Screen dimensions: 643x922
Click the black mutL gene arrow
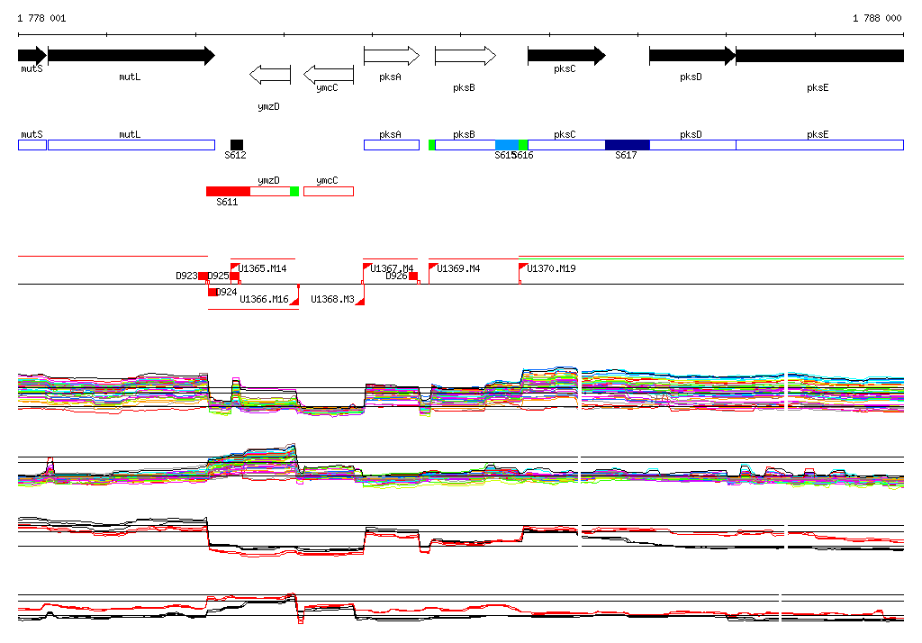click(x=131, y=56)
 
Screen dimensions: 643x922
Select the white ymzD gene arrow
click(x=269, y=75)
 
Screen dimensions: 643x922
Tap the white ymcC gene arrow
click(x=328, y=75)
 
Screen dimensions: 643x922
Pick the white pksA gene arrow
click(x=391, y=56)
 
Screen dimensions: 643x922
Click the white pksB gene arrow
click(x=465, y=56)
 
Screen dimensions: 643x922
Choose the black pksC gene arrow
click(x=565, y=56)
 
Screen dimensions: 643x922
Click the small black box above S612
click(x=237, y=145)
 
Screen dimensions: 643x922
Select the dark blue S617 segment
click(x=627, y=145)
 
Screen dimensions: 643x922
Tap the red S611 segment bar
click(x=228, y=191)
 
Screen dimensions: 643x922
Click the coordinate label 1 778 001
click(x=41, y=18)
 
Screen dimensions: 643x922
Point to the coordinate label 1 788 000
click(x=877, y=18)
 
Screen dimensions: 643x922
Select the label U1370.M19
click(x=551, y=269)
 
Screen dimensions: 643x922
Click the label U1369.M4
click(x=458, y=269)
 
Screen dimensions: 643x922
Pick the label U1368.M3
click(x=332, y=300)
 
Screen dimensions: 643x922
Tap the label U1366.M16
click(x=263, y=300)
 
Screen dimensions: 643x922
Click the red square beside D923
click(x=203, y=276)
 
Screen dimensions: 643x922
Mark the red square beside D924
click(x=212, y=292)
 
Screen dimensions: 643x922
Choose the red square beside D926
click(x=413, y=276)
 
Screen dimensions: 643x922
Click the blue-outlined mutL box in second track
click(x=131, y=145)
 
